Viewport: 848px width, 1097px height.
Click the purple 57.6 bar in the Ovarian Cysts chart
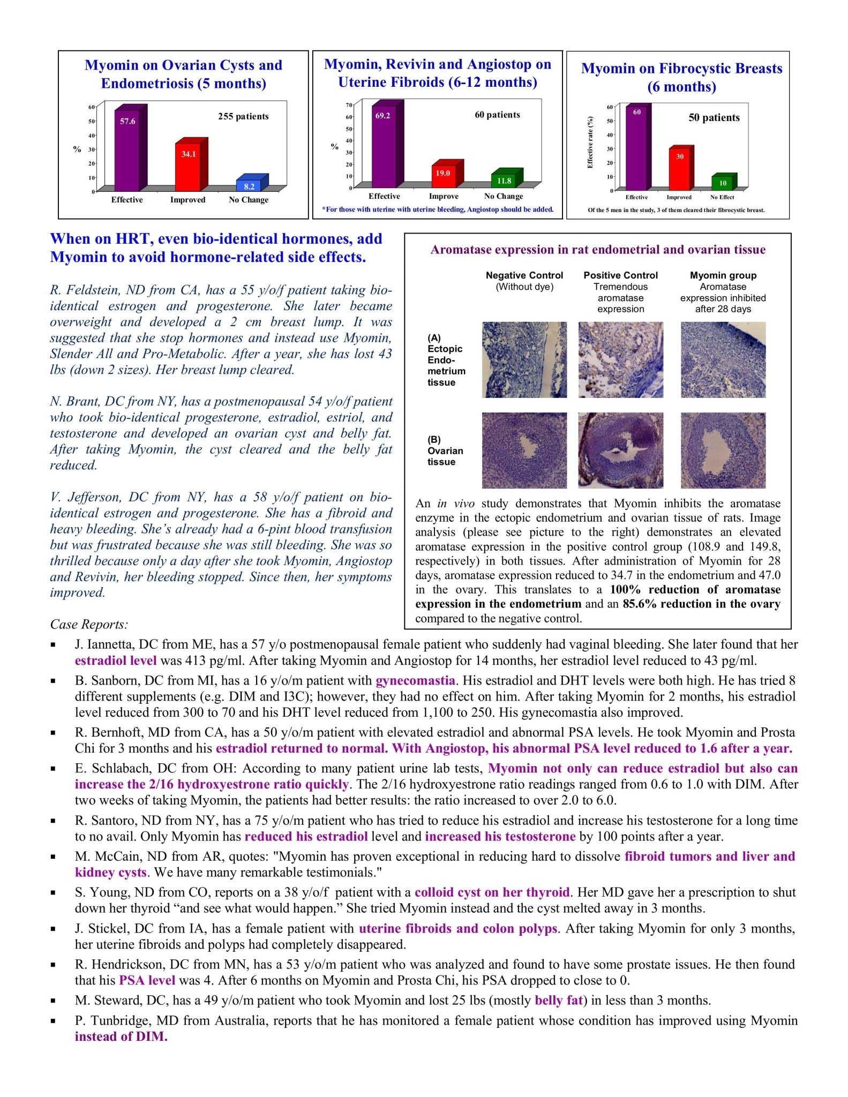tap(127, 150)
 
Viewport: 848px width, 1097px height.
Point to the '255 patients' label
tap(243, 116)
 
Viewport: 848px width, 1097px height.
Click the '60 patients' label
tap(497, 115)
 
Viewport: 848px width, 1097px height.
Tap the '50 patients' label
tap(714, 118)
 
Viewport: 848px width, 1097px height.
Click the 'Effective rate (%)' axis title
tap(590, 142)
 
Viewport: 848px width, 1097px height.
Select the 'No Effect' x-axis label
tap(722, 197)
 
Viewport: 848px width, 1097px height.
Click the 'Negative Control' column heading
tap(524, 275)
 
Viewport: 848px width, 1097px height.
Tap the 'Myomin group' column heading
tap(723, 275)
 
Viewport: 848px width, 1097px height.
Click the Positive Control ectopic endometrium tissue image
tap(620, 359)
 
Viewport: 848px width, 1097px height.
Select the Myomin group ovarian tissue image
tap(723, 450)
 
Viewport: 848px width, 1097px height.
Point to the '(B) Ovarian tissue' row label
tap(445, 450)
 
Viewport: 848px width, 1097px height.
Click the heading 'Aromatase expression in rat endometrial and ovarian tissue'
tap(598, 250)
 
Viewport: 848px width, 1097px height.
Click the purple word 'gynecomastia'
tap(415, 681)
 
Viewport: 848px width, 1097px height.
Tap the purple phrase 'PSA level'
tap(147, 980)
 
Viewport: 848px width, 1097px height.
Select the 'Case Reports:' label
tap(89, 625)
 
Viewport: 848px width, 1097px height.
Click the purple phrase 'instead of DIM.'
tap(121, 1036)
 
